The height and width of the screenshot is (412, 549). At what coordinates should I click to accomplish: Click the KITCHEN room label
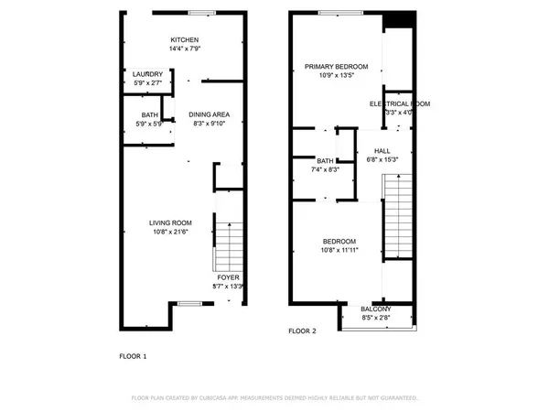coord(184,39)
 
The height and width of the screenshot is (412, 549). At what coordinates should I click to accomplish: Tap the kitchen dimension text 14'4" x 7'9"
coord(184,49)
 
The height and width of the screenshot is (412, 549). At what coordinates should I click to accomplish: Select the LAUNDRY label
coord(147,74)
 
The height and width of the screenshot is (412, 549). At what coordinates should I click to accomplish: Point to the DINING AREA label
coord(210,114)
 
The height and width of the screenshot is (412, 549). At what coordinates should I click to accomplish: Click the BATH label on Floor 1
coord(148,114)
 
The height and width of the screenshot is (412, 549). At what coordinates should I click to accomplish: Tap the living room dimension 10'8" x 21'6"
coord(171,233)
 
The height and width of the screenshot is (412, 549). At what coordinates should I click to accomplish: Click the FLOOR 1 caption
coord(133,355)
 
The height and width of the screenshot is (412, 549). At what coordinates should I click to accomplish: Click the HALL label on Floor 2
coord(382,150)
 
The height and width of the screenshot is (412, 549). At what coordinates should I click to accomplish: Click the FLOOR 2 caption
coord(302,331)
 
